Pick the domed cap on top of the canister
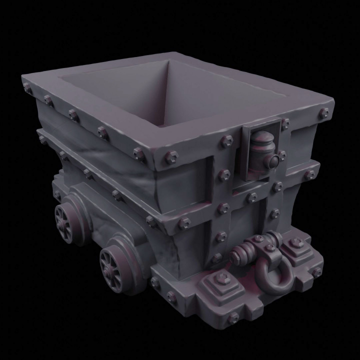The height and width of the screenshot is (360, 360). pos(261,137)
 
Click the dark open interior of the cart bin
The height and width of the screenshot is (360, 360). pos(165,95)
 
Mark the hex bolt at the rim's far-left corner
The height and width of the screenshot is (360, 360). pos(26,88)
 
